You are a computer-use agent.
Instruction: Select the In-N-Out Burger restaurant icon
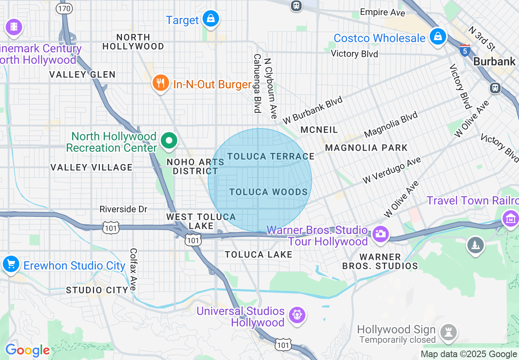pos(161,83)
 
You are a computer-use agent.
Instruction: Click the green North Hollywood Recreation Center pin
pos(168,141)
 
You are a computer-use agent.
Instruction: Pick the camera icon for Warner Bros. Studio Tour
pos(380,234)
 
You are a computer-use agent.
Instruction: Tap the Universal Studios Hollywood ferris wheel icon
pos(297,315)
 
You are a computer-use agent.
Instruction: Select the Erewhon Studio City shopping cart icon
pos(11,264)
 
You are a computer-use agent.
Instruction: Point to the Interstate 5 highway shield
pos(465,50)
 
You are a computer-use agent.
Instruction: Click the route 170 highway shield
pos(65,8)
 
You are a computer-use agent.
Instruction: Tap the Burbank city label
pos(494,61)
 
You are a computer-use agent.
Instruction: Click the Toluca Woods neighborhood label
pos(269,192)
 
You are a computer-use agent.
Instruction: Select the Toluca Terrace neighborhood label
pos(271,156)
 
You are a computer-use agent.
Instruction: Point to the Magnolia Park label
pos(366,148)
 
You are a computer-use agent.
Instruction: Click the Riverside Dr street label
pos(123,209)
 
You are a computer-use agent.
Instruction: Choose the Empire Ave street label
pos(382,13)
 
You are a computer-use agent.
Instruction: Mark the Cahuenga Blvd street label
pos(257,83)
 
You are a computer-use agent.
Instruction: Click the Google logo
pos(27,351)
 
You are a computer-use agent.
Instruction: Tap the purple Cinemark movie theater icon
pos(14,27)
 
